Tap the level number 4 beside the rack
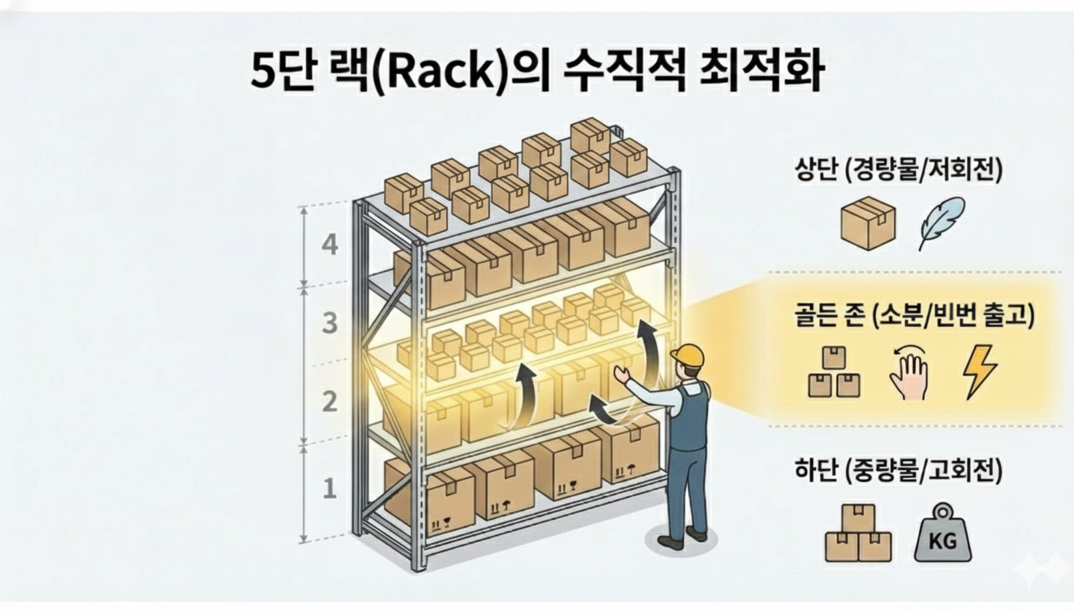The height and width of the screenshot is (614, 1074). (329, 245)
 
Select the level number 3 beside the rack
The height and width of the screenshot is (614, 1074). (329, 324)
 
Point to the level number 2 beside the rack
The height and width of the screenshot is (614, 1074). (329, 401)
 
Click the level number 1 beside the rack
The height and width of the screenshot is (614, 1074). (329, 487)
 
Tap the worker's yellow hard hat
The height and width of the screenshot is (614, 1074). (688, 356)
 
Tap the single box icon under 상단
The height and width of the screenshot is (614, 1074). (868, 222)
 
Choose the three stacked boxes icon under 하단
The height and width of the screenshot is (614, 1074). (857, 533)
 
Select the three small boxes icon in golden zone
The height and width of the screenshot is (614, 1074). (833, 373)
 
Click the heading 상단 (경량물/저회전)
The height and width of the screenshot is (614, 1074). (898, 171)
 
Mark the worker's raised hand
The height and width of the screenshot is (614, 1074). (620, 375)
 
